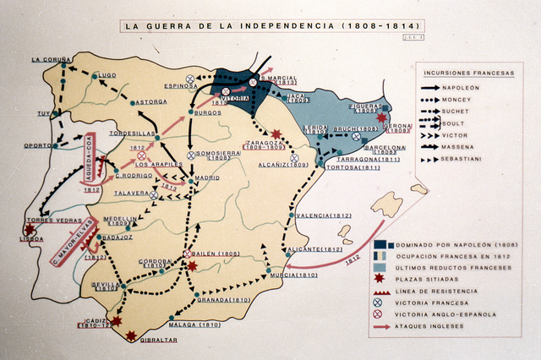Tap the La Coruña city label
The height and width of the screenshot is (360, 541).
52,60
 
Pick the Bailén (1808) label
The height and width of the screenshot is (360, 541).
216,254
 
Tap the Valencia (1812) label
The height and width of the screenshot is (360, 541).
324,215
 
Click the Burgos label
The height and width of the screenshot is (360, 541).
207,112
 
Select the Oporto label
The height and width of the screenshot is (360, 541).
37,145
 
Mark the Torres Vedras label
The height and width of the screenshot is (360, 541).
36,221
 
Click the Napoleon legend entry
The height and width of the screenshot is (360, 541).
461,87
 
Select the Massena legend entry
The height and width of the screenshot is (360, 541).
459,147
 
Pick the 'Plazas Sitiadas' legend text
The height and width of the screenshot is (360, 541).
428,279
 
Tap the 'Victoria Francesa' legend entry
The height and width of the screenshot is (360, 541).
432,303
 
